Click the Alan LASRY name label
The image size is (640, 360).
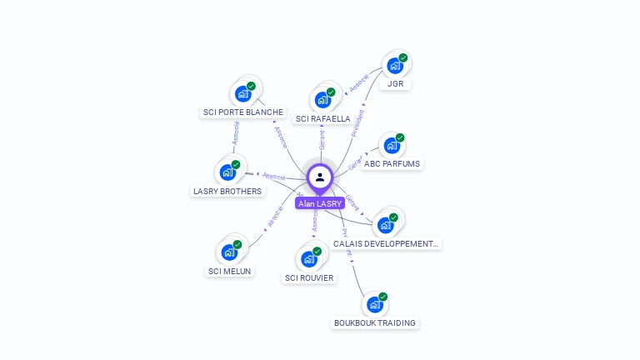point(320,203)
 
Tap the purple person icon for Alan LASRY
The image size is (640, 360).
point(320,177)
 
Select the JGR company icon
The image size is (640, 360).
point(394,66)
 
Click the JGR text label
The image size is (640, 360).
point(395,84)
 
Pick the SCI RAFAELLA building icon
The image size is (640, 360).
point(322,100)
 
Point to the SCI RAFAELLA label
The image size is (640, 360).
point(323,119)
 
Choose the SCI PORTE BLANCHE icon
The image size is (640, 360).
point(242,93)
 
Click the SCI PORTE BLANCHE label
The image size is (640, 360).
point(243,112)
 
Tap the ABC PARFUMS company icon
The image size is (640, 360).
point(391,146)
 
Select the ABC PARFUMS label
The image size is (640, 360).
point(392,164)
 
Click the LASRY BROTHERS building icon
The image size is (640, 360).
point(227,172)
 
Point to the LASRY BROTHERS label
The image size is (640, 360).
point(227,192)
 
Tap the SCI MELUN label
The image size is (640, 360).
point(229,271)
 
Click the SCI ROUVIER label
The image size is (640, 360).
point(309,278)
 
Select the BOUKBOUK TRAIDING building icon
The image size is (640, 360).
point(374,304)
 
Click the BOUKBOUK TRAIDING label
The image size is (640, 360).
point(375,323)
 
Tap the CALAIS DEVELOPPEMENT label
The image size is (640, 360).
point(386,244)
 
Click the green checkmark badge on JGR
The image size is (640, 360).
point(403,58)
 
